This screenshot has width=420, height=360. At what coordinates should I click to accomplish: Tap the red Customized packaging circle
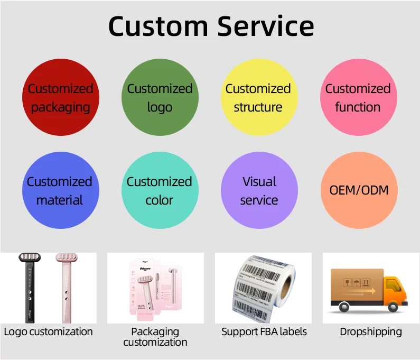tap(60, 98)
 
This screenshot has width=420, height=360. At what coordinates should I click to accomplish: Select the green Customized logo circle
tap(160, 98)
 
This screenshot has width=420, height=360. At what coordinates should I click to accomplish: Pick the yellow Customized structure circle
tap(258, 98)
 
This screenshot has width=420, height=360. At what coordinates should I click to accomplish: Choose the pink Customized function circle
tap(358, 98)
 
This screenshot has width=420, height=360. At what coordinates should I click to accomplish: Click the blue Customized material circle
tap(60, 191)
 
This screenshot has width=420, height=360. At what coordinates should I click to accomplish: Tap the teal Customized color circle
tap(160, 191)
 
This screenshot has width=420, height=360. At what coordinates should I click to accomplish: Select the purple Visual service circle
tap(259, 191)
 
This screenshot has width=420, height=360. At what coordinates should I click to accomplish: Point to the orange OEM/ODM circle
tap(359, 190)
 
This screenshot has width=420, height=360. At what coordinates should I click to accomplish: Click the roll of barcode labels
tap(263, 288)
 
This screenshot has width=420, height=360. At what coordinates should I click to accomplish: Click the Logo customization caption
tap(48, 332)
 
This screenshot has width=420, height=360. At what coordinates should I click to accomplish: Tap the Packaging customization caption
tap(155, 337)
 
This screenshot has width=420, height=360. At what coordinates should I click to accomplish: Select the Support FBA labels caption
tap(264, 332)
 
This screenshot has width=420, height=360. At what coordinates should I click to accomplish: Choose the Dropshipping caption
tap(370, 332)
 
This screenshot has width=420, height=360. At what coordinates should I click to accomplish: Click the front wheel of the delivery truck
tap(392, 307)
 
